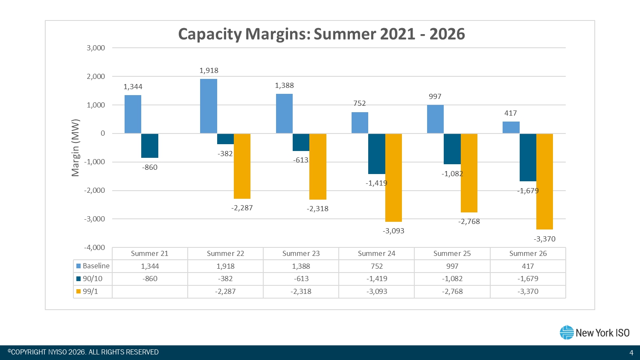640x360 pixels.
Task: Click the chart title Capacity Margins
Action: [x=321, y=34]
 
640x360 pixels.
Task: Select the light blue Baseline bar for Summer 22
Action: [x=209, y=106]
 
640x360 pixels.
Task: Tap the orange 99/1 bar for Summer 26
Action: [x=544, y=181]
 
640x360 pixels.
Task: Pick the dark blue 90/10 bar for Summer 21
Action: [x=150, y=146]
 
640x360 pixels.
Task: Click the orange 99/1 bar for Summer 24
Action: [x=393, y=177]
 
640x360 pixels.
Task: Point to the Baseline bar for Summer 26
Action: [x=511, y=128]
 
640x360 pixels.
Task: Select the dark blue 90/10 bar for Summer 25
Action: [x=452, y=149]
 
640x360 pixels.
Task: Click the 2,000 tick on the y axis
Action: [x=96, y=77]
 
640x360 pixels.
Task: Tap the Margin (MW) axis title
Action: [x=76, y=148]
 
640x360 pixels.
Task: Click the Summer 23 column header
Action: [x=301, y=253]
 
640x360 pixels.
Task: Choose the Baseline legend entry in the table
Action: [x=93, y=266]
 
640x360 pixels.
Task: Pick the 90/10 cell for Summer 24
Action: [x=376, y=279]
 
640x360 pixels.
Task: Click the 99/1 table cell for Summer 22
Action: [x=225, y=292]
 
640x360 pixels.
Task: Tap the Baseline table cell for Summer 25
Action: [x=452, y=266]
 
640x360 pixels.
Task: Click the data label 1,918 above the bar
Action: [x=209, y=70]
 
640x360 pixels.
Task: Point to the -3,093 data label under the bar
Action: [x=393, y=231]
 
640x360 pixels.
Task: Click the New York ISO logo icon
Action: [x=567, y=333]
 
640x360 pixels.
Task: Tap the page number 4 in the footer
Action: [x=631, y=352]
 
